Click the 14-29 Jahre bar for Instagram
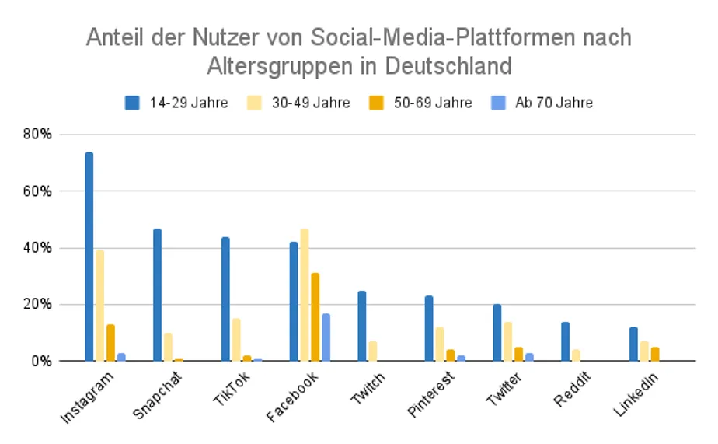[89, 257]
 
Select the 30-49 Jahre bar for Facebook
[305, 295]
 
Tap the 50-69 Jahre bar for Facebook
[315, 317]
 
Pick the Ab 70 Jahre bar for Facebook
[326, 337]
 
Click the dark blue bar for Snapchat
[157, 295]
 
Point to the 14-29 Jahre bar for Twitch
[361, 327]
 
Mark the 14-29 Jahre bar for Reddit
[566, 341]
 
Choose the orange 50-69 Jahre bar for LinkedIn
[655, 354]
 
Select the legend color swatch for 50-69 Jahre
[375, 103]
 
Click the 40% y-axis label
[37, 248]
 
